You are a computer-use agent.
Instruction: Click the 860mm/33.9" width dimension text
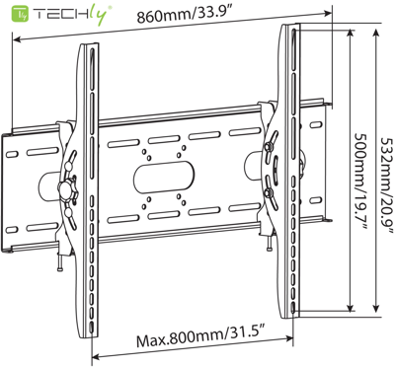click(x=183, y=18)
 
